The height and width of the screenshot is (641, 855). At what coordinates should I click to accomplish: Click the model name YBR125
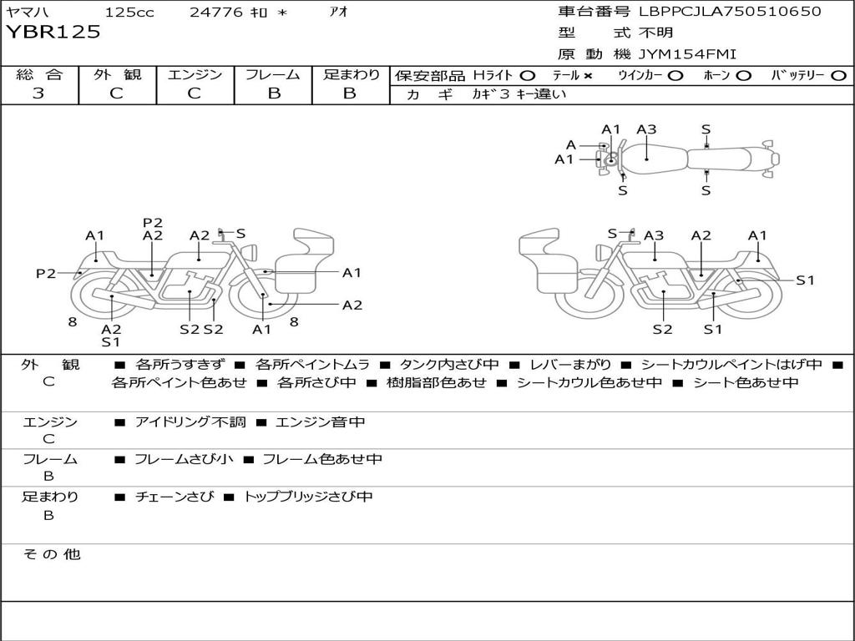pyautogui.click(x=53, y=33)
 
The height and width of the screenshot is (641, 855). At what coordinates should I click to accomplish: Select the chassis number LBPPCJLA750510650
pyautogui.click(x=730, y=12)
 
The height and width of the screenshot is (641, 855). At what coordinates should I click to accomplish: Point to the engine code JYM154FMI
pyautogui.click(x=688, y=54)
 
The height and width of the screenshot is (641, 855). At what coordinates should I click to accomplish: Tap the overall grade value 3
pyautogui.click(x=38, y=93)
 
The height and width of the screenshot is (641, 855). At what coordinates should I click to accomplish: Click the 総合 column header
pyautogui.click(x=39, y=74)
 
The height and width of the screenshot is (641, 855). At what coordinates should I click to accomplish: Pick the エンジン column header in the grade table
pyautogui.click(x=195, y=74)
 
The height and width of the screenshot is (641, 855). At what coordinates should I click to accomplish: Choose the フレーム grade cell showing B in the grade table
pyautogui.click(x=273, y=93)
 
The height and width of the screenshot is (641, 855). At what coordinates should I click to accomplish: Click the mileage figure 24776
pyautogui.click(x=216, y=13)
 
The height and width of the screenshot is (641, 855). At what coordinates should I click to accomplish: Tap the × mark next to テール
pyautogui.click(x=588, y=75)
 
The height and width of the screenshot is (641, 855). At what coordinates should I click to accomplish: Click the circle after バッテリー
pyautogui.click(x=838, y=75)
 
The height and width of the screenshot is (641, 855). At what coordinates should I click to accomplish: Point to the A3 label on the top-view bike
pyautogui.click(x=646, y=129)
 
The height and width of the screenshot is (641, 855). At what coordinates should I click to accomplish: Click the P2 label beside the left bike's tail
pyautogui.click(x=45, y=273)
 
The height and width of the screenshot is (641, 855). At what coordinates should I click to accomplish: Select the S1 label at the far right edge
pyautogui.click(x=805, y=280)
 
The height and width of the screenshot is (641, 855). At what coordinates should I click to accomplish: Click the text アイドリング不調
pyautogui.click(x=190, y=422)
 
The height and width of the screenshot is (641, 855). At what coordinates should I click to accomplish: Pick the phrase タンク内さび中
pyautogui.click(x=449, y=365)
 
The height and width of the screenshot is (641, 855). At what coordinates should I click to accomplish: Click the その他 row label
pyautogui.click(x=51, y=554)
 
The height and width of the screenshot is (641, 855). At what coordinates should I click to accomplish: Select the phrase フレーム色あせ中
pyautogui.click(x=322, y=459)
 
